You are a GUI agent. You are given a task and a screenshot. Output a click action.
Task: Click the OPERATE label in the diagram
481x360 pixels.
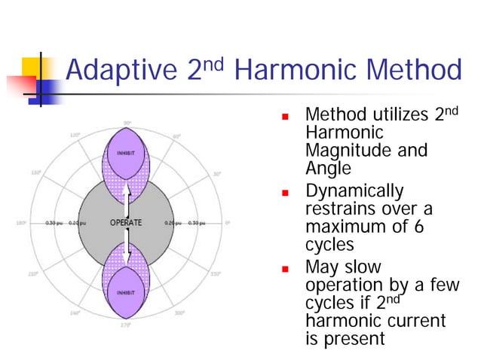126,223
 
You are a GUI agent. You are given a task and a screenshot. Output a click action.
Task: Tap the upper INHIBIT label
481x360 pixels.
126,152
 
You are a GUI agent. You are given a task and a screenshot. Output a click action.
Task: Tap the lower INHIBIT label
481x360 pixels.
126,291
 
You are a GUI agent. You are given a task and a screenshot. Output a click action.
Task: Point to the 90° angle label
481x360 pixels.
127,122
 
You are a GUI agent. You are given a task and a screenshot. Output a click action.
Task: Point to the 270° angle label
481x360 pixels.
127,325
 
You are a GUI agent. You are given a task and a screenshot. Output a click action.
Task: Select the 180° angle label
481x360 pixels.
20,223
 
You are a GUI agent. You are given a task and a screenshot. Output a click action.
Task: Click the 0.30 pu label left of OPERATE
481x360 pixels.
54,223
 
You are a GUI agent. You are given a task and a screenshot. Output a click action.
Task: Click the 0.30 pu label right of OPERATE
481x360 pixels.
198,223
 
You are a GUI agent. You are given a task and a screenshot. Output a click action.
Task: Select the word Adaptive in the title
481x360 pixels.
121,72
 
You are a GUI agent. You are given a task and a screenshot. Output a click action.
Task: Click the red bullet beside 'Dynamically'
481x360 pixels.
286,194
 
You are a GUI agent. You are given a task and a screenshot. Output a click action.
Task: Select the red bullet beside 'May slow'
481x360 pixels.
286,269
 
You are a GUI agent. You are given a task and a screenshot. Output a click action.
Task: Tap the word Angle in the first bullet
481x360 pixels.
326,169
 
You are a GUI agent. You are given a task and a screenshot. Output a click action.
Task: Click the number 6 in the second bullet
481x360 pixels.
427,225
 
